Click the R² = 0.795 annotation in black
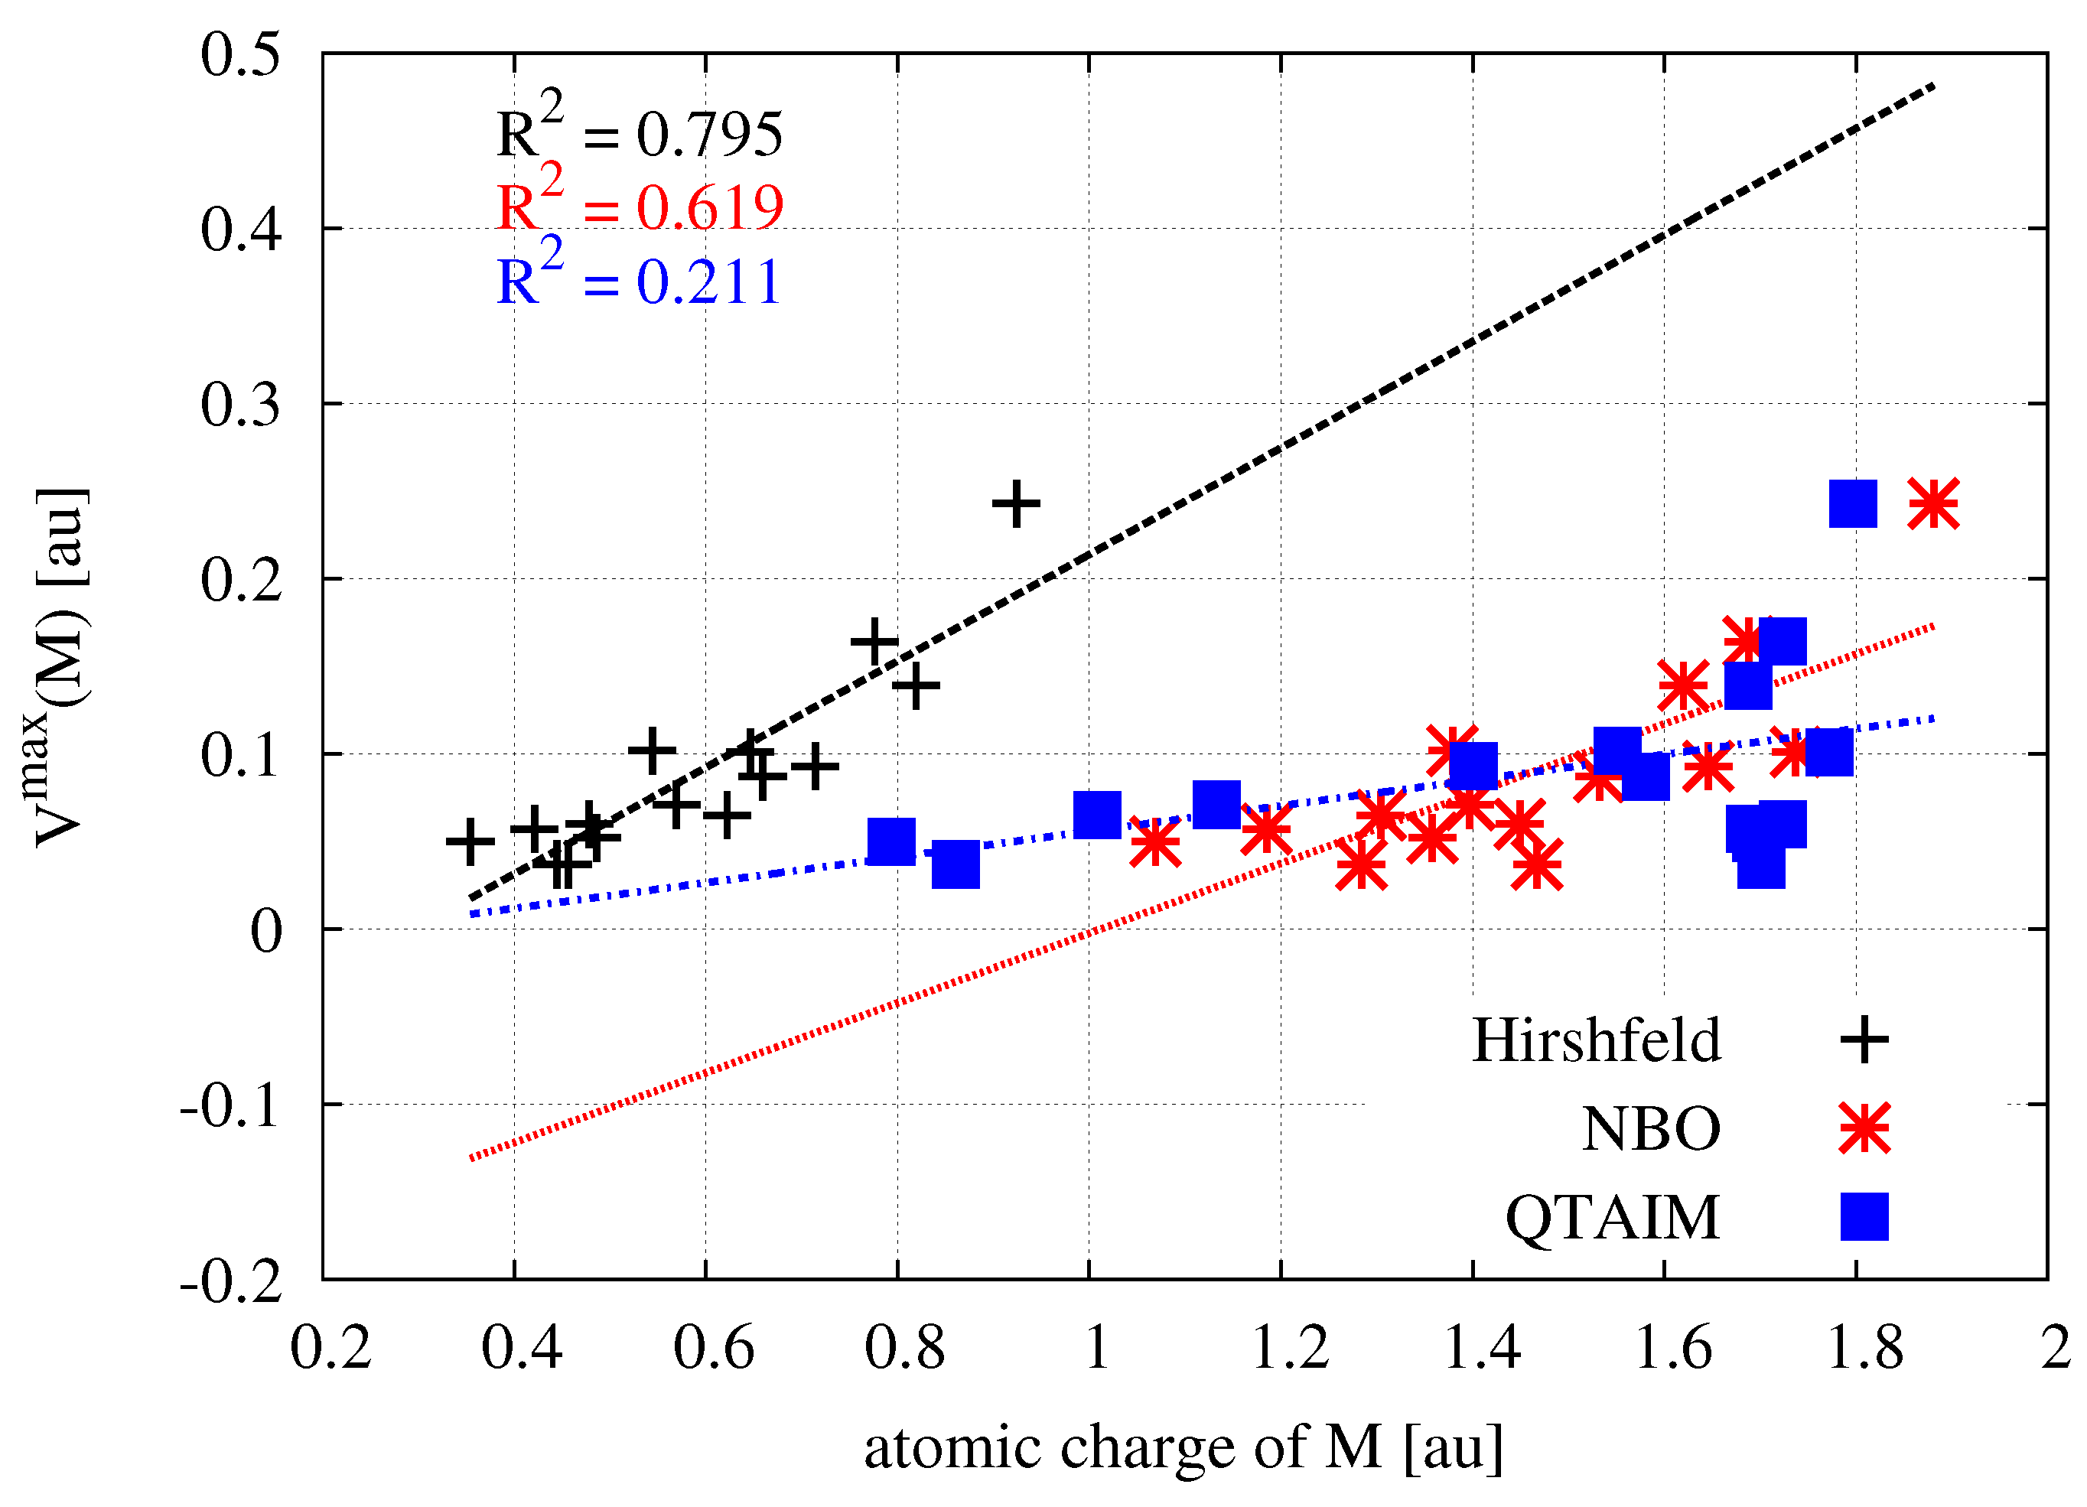coord(640,131)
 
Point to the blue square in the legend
coord(1864,1217)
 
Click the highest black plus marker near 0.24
coord(1016,503)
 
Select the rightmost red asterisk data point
coord(1933,503)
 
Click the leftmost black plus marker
coord(470,841)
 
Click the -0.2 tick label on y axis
coord(230,1281)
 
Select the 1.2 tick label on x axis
coord(1289,1349)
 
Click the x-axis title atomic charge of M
coord(1184,1447)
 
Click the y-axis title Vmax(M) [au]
coord(60,667)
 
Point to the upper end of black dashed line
coord(1933,86)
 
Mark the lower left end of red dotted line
coord(471,1158)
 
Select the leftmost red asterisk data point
coord(1155,841)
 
